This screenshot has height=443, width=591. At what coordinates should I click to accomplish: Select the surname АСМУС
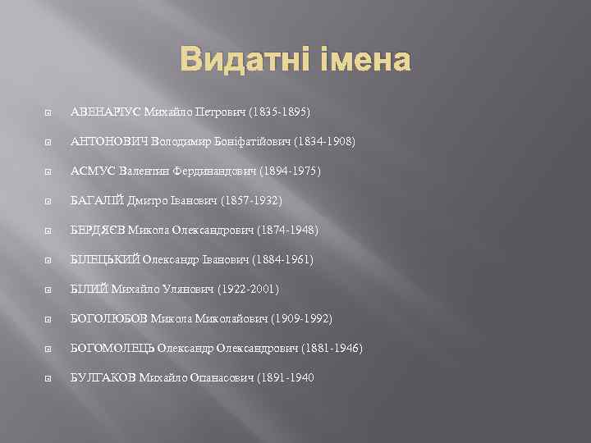[x=89, y=171]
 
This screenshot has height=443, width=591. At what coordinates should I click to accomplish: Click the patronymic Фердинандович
[x=212, y=171]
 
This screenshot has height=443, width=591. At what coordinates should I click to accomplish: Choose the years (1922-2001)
[x=250, y=289]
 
